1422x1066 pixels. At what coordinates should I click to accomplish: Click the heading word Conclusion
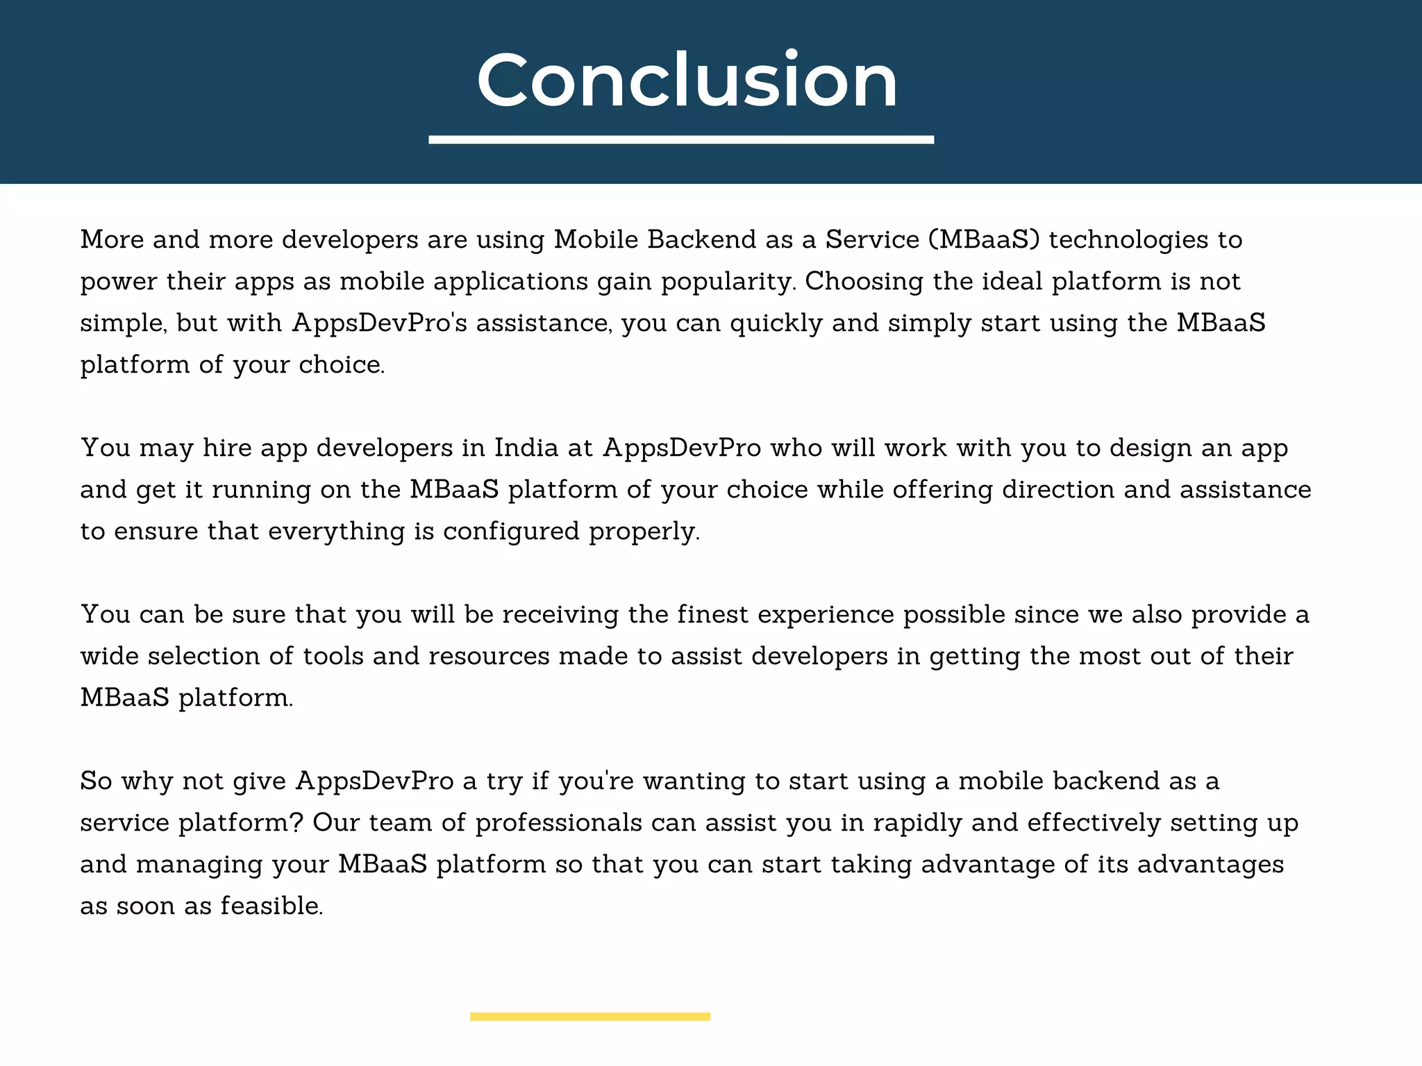coord(687,81)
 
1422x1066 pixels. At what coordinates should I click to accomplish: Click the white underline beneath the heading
coord(681,139)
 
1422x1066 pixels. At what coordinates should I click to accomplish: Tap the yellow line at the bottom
coord(589,1017)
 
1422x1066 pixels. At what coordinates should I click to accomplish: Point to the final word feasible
coord(271,906)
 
